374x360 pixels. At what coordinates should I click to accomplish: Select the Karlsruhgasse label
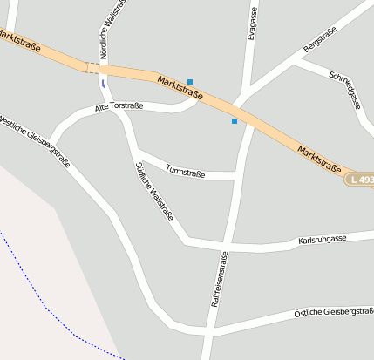tap(322, 238)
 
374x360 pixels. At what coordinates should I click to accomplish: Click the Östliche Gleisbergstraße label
tap(333, 311)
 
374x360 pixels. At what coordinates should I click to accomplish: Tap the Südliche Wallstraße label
tap(155, 192)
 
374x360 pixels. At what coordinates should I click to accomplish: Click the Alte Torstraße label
tap(119, 106)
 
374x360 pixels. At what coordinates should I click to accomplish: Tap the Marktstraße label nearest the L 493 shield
tap(318, 157)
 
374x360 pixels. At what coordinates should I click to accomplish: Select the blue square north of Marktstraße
tap(190, 81)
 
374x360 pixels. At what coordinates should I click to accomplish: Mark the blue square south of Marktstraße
tap(234, 121)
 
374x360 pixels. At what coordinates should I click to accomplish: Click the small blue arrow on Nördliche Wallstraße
tap(103, 84)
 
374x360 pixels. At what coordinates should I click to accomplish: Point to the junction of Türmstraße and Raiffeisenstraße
tap(237, 176)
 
